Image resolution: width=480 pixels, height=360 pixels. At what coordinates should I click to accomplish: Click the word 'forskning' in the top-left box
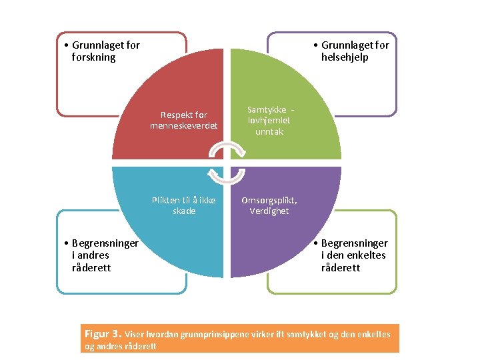[x=93, y=57]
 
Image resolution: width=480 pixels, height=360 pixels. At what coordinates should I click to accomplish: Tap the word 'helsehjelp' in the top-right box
[x=345, y=57]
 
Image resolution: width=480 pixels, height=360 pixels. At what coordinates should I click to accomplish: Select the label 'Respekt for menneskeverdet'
[x=183, y=120]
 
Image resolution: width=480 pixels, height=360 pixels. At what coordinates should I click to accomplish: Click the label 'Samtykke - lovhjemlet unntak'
[x=269, y=121]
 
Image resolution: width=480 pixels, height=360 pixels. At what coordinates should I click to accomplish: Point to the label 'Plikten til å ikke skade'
[x=183, y=205]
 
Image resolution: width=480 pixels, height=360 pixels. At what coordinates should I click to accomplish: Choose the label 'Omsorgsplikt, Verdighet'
[x=269, y=205]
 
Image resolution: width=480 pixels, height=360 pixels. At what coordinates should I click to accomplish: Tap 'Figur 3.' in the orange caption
[x=103, y=333]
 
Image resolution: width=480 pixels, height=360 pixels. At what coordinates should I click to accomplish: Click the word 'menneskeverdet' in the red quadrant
[x=183, y=126]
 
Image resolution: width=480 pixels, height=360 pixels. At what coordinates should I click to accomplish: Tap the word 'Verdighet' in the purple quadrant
[x=269, y=211]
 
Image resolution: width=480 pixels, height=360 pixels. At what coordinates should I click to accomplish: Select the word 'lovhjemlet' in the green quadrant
[x=269, y=121]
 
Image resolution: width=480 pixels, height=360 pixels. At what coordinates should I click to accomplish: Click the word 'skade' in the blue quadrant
[x=184, y=211]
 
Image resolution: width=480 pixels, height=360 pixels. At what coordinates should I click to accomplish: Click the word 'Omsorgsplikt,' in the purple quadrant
[x=269, y=200]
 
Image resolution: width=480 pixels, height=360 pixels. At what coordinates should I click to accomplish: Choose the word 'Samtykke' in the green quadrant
[x=267, y=109]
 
